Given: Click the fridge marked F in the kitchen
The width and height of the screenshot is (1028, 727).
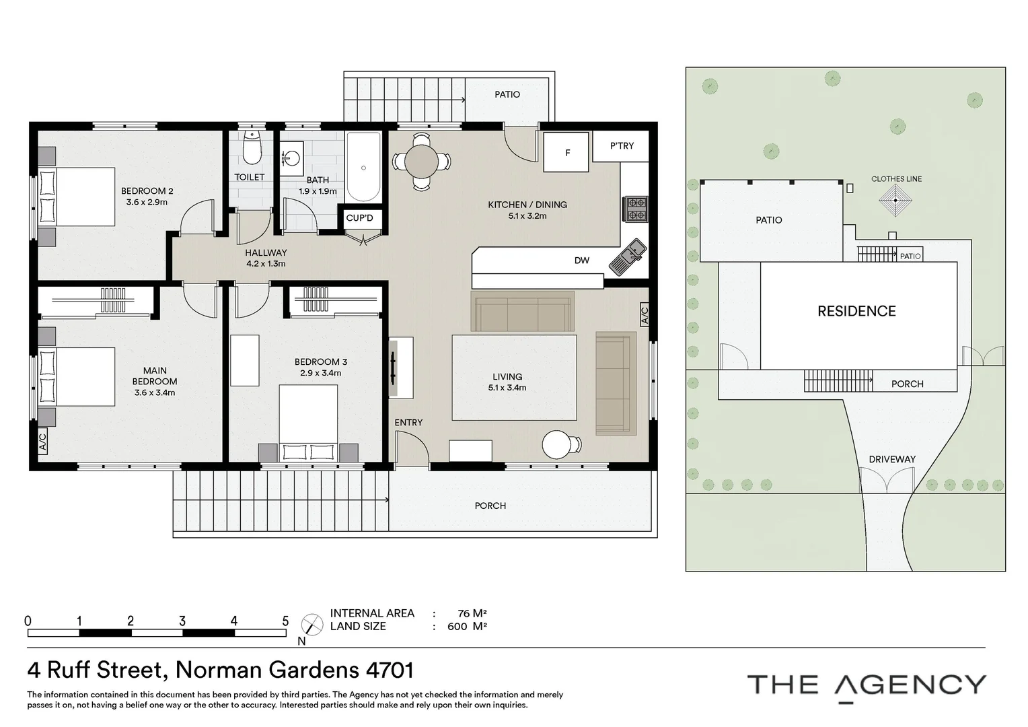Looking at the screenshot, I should coord(566,152).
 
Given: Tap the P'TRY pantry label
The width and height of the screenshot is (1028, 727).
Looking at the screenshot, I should coord(622,145).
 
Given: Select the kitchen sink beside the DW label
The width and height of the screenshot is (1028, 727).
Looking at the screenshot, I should coord(628,257).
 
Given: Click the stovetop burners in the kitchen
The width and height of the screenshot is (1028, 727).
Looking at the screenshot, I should coord(636,209).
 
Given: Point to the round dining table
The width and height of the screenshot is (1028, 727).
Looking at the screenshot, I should coord(421,162).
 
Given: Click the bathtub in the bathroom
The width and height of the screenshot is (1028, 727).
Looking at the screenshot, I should coord(363,167).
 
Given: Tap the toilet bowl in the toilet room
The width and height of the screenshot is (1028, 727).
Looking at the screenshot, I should coord(251,151).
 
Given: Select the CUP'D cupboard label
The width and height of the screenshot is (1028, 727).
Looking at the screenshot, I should coord(359,218).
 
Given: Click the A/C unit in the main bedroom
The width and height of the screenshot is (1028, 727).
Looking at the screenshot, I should coord(42,440).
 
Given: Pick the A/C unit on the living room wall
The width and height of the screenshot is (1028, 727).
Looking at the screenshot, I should coord(644,314).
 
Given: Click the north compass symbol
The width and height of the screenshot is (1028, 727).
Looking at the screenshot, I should coord(311,624).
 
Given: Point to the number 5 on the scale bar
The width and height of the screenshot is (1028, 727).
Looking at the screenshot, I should coord(285,621).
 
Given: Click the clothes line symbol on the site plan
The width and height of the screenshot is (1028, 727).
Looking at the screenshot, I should coord(895,201).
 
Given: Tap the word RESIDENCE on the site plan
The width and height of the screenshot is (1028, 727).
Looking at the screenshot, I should coord(856,311).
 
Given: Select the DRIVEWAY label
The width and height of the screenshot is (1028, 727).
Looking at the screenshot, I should coord(891,459).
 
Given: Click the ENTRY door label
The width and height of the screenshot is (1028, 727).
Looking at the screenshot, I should coord(408,422).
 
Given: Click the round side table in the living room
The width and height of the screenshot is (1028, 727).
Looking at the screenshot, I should coord(557,444).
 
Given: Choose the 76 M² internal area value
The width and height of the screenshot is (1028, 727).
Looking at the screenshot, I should coord(472,613).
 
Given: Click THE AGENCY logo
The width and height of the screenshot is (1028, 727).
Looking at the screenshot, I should coord(867,685).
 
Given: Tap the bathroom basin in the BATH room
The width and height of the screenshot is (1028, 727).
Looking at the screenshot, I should coord(292,158).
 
